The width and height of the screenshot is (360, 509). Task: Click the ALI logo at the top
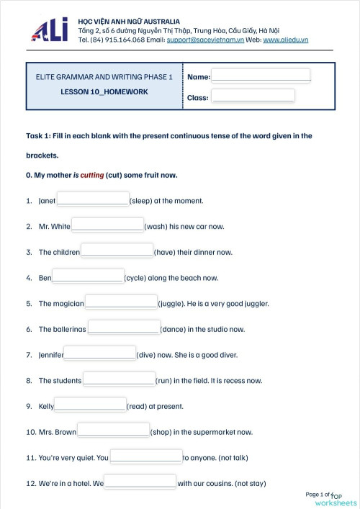pos(50,31)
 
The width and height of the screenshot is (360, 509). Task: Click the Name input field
pos(260,76)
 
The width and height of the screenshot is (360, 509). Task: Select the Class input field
pos(253,96)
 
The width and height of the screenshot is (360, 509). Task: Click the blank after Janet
pos(92,199)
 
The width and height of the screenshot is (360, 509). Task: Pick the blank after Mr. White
pos(107,225)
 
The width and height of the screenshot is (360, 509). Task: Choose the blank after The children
pos(117,251)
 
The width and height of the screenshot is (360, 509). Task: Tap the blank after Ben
pos(88,276)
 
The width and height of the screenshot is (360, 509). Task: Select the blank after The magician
pos(121,302)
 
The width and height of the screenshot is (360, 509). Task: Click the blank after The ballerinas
pos(123,328)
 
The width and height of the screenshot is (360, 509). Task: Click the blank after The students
pos(119,379)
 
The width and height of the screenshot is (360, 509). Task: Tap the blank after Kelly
pos(90,405)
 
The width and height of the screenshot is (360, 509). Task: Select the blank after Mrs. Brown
pos(113,431)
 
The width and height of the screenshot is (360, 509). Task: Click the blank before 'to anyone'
pos(145,456)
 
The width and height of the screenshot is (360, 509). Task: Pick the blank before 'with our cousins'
pos(140,482)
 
